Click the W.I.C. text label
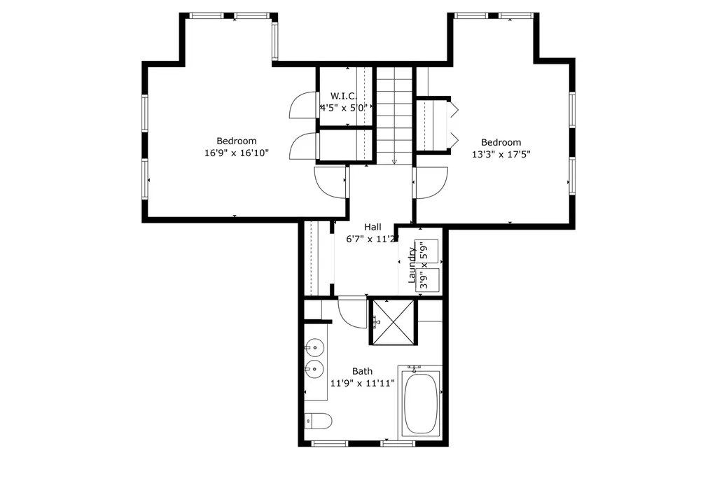click(344, 96)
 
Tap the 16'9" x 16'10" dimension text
click(236, 153)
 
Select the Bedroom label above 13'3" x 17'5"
click(501, 142)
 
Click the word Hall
click(373, 227)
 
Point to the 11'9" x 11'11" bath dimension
click(363, 383)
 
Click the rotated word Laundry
click(412, 265)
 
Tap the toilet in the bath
click(319, 421)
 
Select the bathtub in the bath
click(420, 404)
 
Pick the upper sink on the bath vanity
click(314, 347)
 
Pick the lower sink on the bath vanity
click(314, 369)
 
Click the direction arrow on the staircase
click(394, 160)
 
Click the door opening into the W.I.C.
click(302, 106)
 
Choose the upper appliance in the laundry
click(429, 251)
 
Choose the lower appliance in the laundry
click(429, 279)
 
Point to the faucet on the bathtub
click(415, 368)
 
